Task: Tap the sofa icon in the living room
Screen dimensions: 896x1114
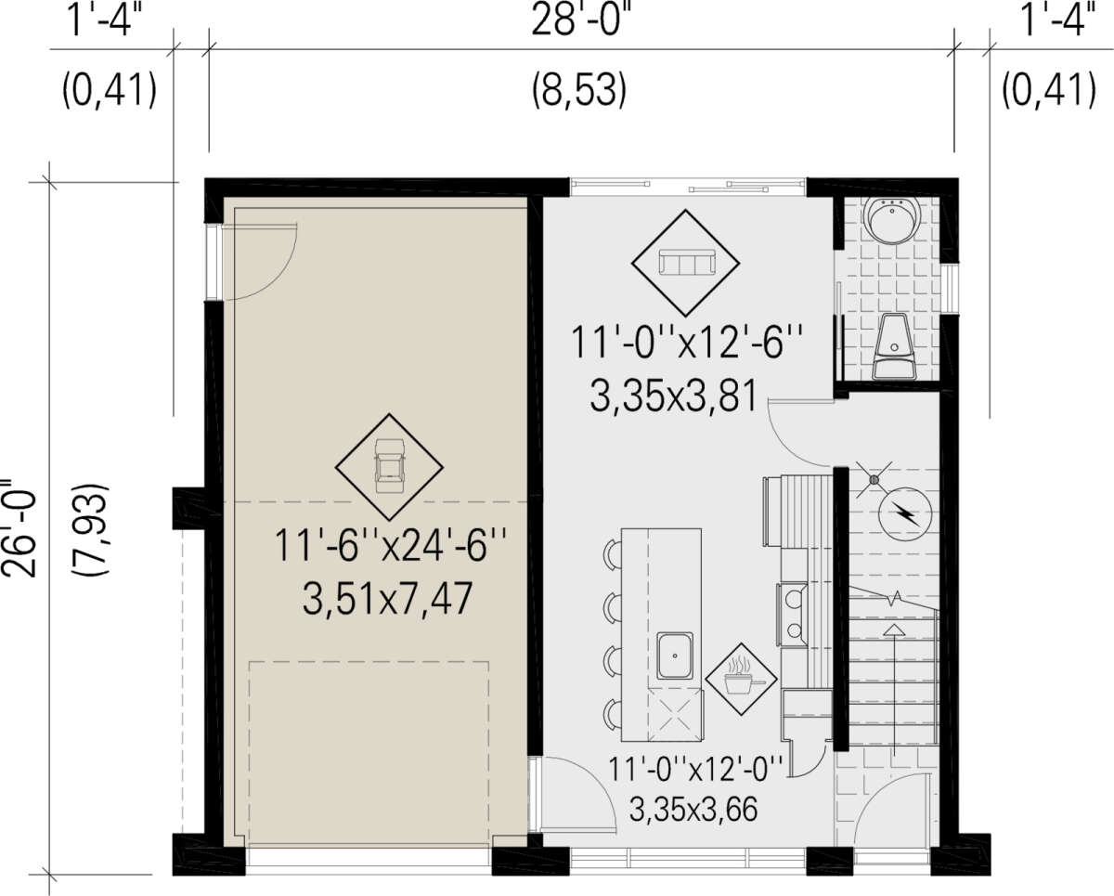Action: point(686,263)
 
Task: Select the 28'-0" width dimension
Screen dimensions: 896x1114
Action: point(580,20)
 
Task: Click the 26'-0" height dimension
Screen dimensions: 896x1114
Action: point(26,529)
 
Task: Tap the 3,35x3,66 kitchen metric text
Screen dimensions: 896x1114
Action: point(693,810)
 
